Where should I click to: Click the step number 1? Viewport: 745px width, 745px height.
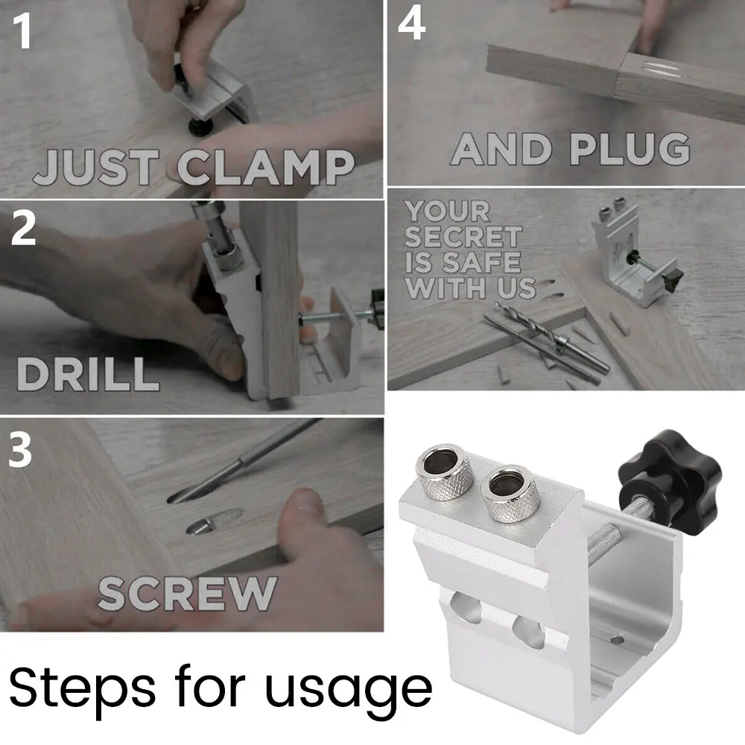click(22, 31)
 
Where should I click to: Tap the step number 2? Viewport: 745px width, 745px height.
click(23, 228)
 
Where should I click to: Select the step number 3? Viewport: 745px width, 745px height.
click(20, 448)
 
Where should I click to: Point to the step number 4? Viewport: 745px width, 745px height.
click(411, 24)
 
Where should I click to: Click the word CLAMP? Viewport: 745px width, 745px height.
click(266, 167)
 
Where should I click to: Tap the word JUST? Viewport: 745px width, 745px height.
click(95, 167)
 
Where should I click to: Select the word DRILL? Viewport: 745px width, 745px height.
click(88, 374)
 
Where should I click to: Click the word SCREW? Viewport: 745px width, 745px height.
click(187, 594)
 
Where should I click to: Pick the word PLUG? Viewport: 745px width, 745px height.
click(630, 149)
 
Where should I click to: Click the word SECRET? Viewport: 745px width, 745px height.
click(463, 237)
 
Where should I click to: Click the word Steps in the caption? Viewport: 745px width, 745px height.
click(82, 688)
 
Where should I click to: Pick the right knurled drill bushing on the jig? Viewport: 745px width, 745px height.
click(510, 493)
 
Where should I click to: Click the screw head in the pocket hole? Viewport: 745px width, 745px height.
click(200, 525)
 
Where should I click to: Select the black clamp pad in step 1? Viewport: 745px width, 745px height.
click(200, 126)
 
